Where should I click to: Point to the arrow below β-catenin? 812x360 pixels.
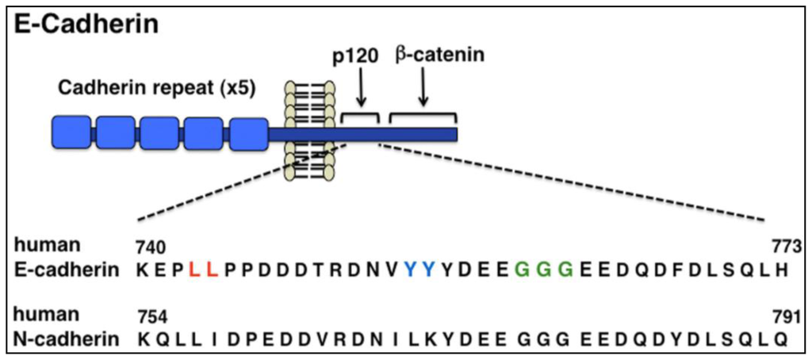coord(423,87)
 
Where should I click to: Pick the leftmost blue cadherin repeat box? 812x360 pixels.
coord(71,132)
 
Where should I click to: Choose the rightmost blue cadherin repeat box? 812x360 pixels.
coord(247,132)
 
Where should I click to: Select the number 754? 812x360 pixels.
coord(152,318)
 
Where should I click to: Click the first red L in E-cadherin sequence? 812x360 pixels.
coord(194,270)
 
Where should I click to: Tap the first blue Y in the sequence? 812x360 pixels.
coord(410,270)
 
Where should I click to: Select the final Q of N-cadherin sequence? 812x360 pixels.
coord(783,339)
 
